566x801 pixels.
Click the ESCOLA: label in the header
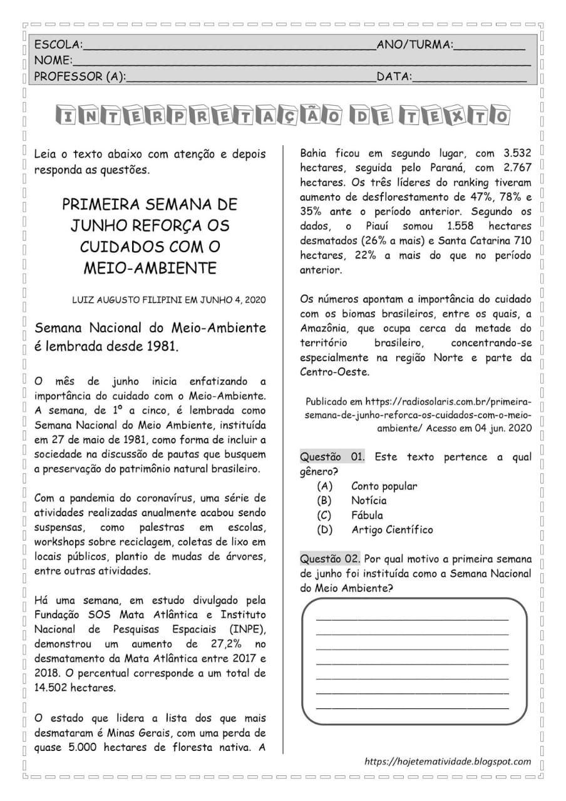click(58, 44)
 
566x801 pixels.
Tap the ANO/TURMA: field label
click(414, 44)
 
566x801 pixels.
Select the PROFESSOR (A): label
click(80, 76)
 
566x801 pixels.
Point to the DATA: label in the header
click(394, 76)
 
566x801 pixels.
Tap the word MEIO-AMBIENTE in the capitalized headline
click(150, 268)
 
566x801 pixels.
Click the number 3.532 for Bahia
click(517, 153)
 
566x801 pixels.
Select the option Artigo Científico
click(391, 529)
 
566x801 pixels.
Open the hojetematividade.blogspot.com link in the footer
click(448, 762)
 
